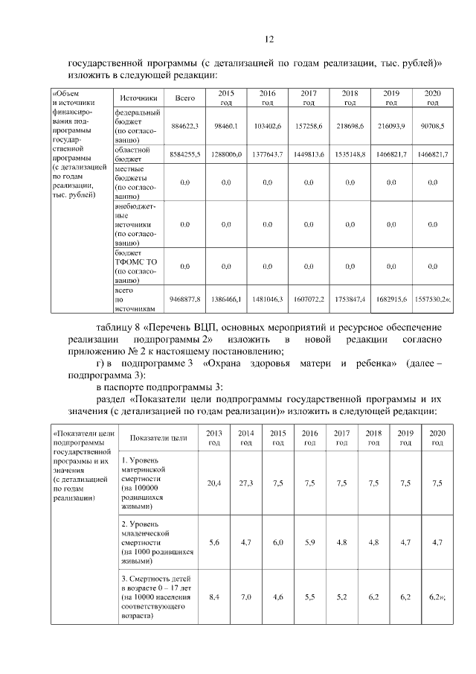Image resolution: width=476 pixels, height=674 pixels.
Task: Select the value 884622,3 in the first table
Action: point(185,127)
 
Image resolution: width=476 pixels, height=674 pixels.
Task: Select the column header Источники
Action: point(138,98)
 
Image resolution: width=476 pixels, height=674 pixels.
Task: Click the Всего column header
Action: point(185,98)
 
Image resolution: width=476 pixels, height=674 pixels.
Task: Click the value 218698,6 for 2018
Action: point(350,127)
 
